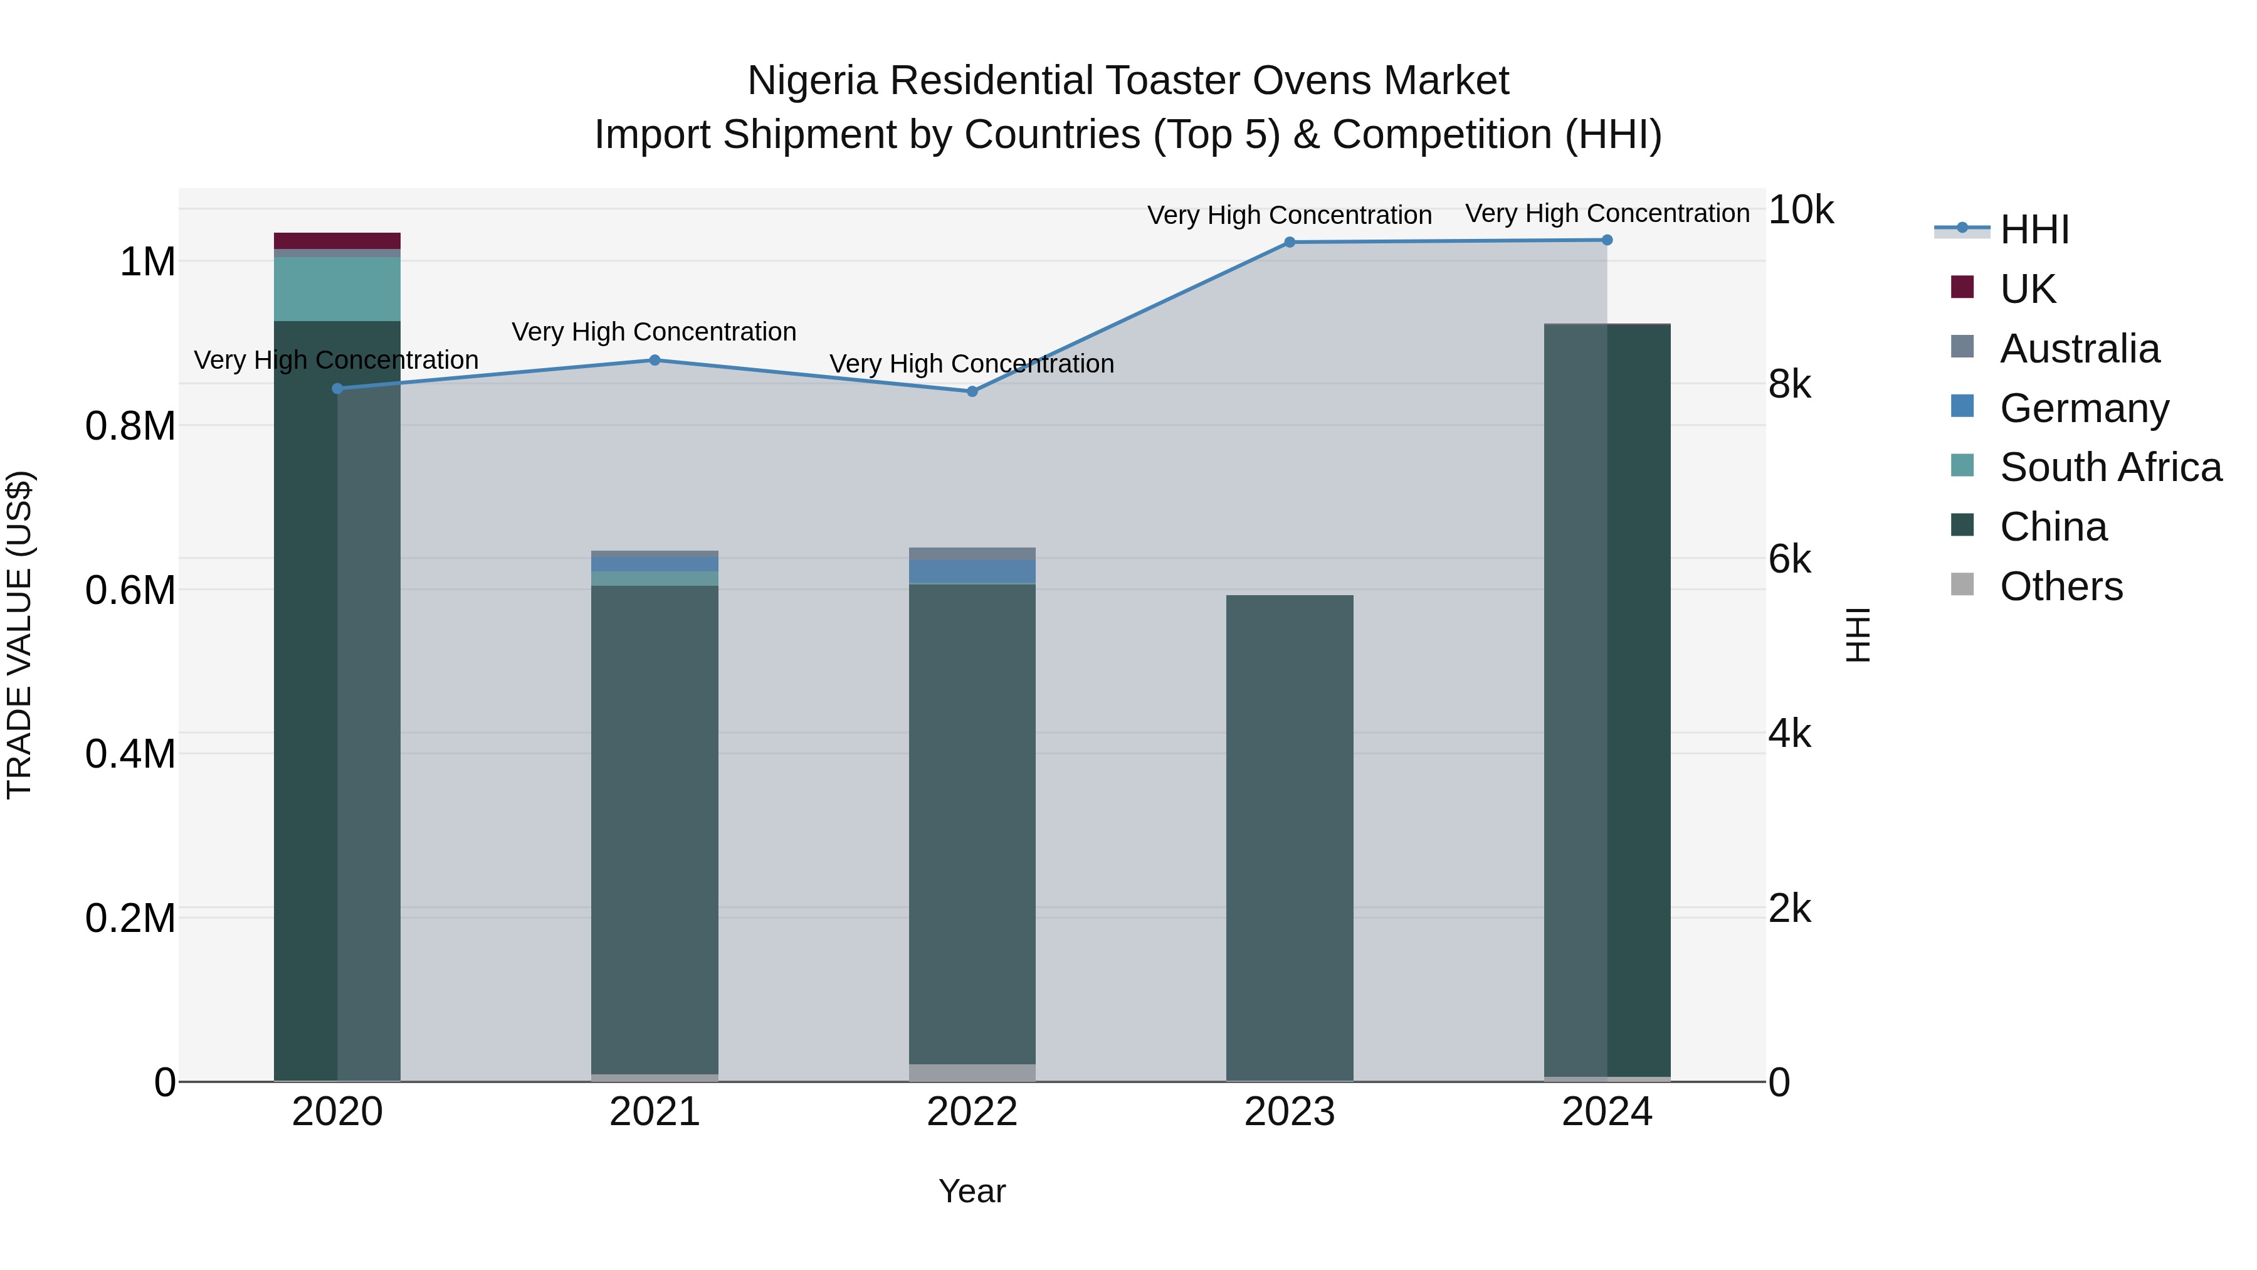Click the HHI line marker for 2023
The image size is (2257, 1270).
pyautogui.click(x=1289, y=242)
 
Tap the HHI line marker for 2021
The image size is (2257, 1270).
pyautogui.click(x=655, y=360)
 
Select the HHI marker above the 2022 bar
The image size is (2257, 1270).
pyautogui.click(x=972, y=391)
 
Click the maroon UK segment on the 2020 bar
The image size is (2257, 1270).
pyautogui.click(x=337, y=240)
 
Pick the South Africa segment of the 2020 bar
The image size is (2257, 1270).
pyautogui.click(x=337, y=288)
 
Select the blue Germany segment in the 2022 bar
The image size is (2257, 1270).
pyautogui.click(x=972, y=571)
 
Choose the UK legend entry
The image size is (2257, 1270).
pyautogui.click(x=2026, y=289)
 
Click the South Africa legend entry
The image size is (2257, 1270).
pyautogui.click(x=2110, y=467)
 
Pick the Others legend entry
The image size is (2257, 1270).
pyautogui.click(x=2061, y=586)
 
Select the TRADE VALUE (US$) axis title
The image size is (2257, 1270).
pyautogui.click(x=19, y=635)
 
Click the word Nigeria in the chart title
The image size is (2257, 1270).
pyautogui.click(x=811, y=82)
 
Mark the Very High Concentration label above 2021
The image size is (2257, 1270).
pyautogui.click(x=654, y=332)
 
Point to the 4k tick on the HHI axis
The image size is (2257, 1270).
pyautogui.click(x=1789, y=734)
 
